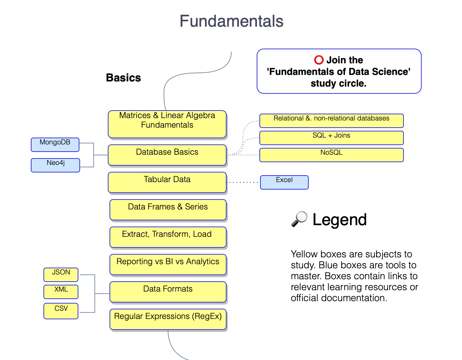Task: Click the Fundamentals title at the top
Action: click(x=231, y=21)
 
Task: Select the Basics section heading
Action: click(x=123, y=78)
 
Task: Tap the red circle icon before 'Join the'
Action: click(x=319, y=60)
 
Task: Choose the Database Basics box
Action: click(x=167, y=155)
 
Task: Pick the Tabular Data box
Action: click(x=167, y=182)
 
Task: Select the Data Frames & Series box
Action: click(x=168, y=209)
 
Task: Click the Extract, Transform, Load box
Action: click(x=168, y=237)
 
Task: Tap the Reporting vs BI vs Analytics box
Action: click(x=168, y=264)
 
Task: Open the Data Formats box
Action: click(x=168, y=292)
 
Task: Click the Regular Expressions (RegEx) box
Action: click(x=168, y=319)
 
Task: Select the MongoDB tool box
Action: click(x=55, y=144)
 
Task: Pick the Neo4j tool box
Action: click(x=55, y=165)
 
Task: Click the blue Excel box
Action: click(x=284, y=182)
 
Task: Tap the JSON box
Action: click(x=61, y=274)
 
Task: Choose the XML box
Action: click(x=61, y=292)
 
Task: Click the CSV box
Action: click(x=61, y=311)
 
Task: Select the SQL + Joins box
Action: click(x=331, y=138)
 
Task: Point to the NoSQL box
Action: click(x=331, y=155)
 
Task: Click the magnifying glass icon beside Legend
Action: click(x=299, y=219)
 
